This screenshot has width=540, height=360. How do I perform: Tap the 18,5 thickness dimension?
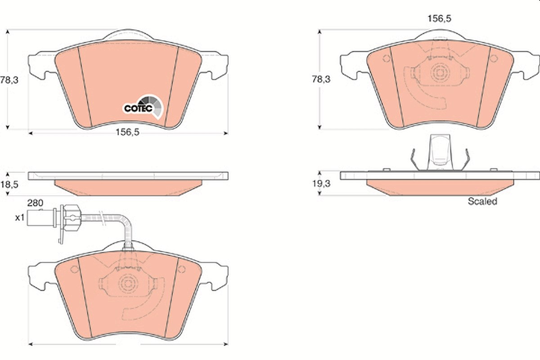coord(9,184)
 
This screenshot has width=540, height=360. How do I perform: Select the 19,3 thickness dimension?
coord(321,184)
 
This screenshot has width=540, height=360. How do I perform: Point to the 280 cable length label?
coord(35,203)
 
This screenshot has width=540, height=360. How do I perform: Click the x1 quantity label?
coord(20,218)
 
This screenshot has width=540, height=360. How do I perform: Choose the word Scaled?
coord(482,201)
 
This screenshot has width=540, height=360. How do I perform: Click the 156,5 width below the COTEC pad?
coord(127,132)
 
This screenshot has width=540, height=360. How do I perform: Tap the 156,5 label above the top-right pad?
coord(439,18)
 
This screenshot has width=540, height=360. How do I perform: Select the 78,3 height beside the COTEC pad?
coord(9,80)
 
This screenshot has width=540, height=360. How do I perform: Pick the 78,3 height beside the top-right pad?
coord(321,79)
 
